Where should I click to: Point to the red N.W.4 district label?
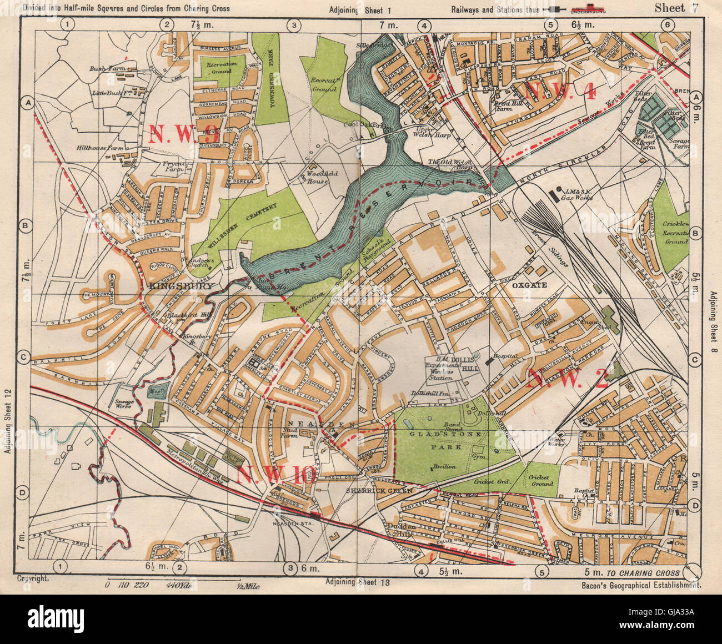pyautogui.click(x=561, y=91)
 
